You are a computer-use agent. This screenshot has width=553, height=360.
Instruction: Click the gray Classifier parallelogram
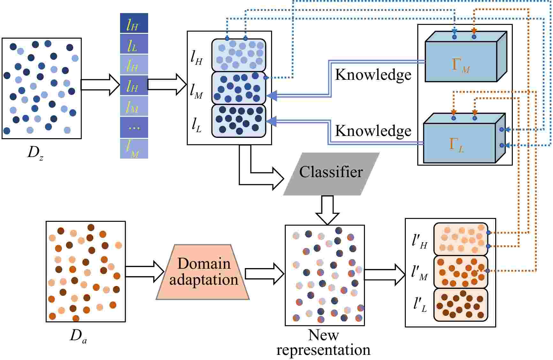point(331,174)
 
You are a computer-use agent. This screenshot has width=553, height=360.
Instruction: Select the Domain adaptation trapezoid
point(203,272)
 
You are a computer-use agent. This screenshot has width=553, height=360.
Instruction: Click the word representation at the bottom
point(323,350)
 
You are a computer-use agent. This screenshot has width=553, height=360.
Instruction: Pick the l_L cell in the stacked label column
point(134,44)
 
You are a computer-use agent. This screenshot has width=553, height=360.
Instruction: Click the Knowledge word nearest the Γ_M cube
point(373,75)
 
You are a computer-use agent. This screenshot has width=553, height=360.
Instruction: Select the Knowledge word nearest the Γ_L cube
point(373,131)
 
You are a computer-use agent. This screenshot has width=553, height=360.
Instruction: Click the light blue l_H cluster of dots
point(239,55)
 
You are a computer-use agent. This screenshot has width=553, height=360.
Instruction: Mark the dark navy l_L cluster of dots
point(239,121)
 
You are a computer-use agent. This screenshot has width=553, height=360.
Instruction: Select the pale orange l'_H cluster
point(461,239)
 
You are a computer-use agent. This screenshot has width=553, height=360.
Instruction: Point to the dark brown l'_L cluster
point(461,305)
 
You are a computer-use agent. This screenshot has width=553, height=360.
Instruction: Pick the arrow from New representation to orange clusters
point(385,274)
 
